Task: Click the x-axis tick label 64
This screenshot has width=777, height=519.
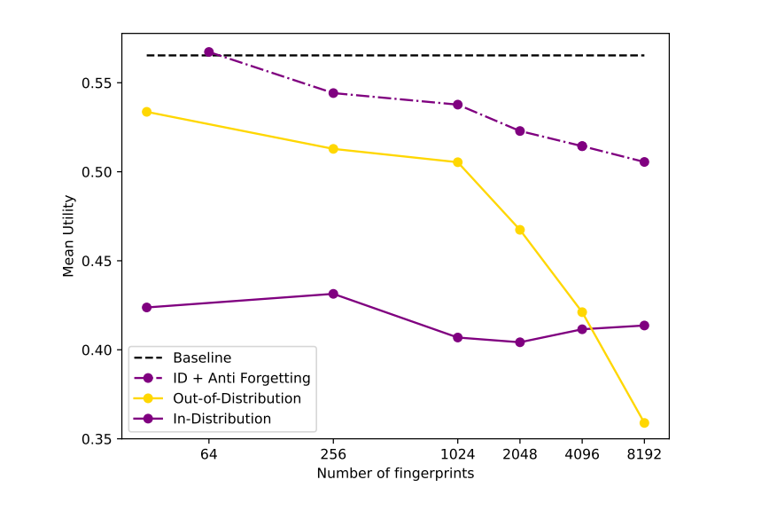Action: (209, 454)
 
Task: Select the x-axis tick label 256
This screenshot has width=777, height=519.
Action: (333, 454)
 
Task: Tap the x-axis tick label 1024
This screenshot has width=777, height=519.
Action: (457, 454)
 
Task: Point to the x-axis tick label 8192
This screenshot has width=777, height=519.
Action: (644, 454)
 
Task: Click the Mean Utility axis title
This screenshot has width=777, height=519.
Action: (69, 236)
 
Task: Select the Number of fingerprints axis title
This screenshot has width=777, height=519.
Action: (395, 474)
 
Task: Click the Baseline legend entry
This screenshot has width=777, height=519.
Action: (202, 358)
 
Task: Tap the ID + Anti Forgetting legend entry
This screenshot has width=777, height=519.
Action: (241, 378)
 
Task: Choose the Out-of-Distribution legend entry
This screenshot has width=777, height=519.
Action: (237, 398)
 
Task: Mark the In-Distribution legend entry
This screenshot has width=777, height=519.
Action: (221, 419)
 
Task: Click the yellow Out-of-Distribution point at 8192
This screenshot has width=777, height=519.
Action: (644, 423)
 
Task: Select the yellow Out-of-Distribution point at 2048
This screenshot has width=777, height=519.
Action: (520, 230)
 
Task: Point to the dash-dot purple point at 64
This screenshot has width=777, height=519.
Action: (209, 52)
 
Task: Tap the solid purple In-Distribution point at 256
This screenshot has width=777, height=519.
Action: (333, 294)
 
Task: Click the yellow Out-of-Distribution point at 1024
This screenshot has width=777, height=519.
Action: (458, 162)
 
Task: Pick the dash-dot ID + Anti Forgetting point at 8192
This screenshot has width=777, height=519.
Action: (644, 162)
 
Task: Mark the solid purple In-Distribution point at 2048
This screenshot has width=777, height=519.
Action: (520, 342)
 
